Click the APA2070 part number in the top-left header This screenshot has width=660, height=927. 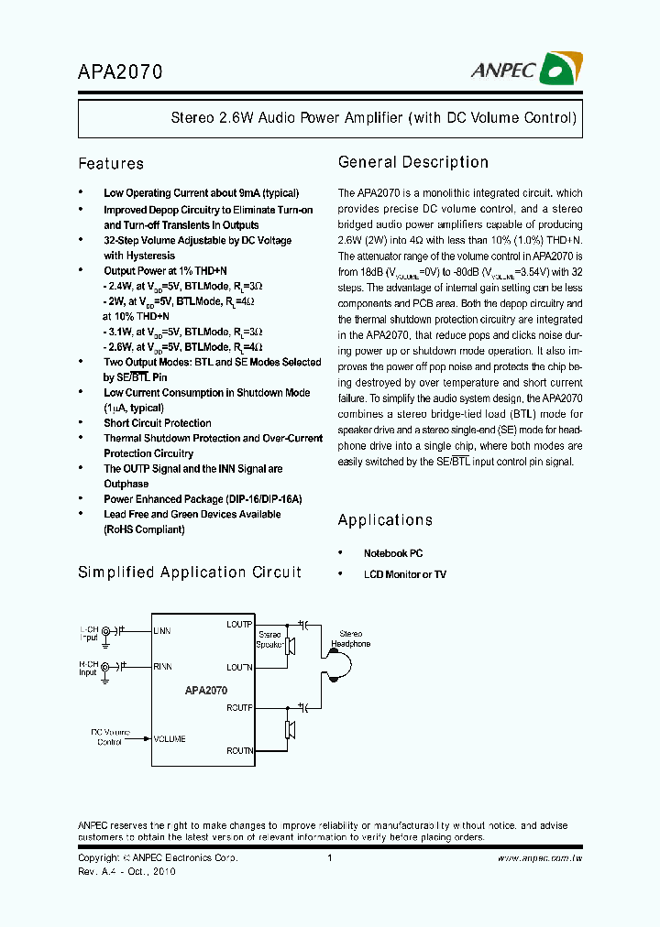pyautogui.click(x=120, y=71)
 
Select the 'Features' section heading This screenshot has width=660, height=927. pyautogui.click(x=111, y=164)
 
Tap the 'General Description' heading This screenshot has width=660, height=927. pyautogui.click(x=413, y=162)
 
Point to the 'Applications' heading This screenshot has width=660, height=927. pyautogui.click(x=385, y=520)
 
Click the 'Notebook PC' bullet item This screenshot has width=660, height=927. pyautogui.click(x=393, y=553)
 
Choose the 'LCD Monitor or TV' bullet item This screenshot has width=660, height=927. pyautogui.click(x=405, y=574)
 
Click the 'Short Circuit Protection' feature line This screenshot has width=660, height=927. pyautogui.click(x=158, y=423)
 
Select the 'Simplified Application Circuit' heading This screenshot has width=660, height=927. pyautogui.click(x=190, y=573)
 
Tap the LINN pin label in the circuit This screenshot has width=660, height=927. pyautogui.click(x=162, y=631)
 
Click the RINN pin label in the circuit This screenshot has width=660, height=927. pyautogui.click(x=162, y=666)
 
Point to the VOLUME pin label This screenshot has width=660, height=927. pyautogui.click(x=170, y=738)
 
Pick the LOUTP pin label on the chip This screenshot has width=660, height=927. pyautogui.click(x=239, y=625)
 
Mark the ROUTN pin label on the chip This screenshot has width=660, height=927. pyautogui.click(x=239, y=750)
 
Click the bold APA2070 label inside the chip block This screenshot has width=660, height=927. pyautogui.click(x=205, y=691)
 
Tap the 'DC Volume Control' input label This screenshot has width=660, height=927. pyautogui.click(x=110, y=737)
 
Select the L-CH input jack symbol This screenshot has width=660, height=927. pyautogui.click(x=105, y=631)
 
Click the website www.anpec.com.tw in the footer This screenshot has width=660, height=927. pyautogui.click(x=540, y=858)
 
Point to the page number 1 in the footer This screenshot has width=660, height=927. pyautogui.click(x=329, y=858)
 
